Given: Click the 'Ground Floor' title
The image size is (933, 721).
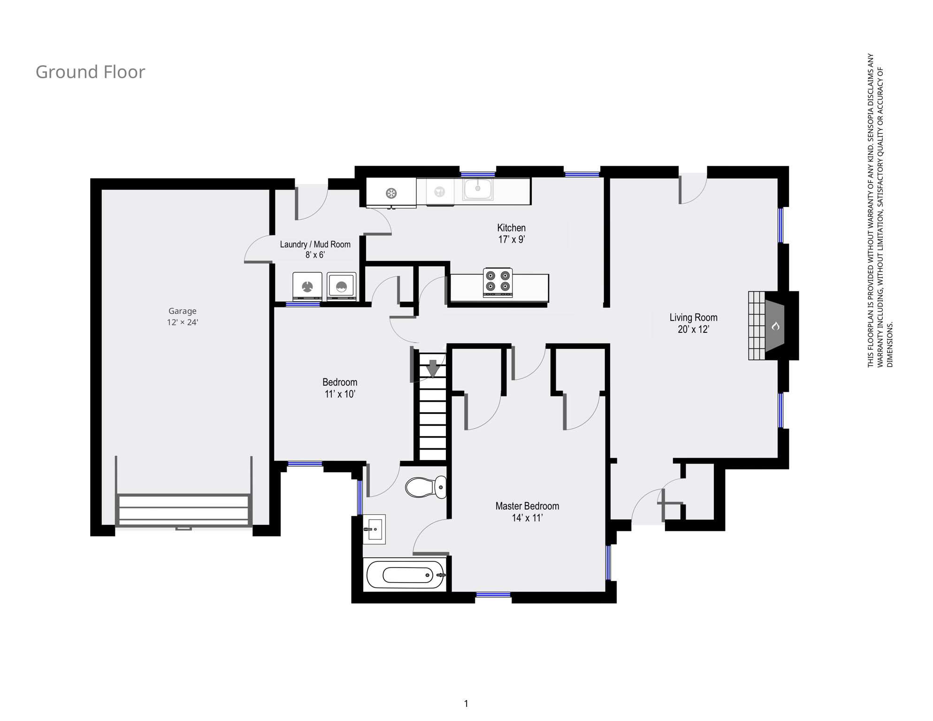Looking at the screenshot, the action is pos(90,72).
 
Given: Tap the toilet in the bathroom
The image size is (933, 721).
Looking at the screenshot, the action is pos(426,487).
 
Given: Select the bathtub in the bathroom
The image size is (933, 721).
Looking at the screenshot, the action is pos(405,575).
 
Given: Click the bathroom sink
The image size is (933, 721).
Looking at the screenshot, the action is pos(374,529).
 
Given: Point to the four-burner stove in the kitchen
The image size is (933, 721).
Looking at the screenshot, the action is pos(497,282).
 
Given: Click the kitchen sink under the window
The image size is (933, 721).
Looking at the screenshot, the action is pos(478,189).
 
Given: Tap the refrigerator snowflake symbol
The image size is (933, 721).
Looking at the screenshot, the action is pos(391,193).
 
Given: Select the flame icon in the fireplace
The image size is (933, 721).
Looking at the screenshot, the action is pos(775,326).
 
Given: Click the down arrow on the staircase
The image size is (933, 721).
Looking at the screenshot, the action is pos(433,368).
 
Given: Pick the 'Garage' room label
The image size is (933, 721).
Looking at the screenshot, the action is pos(183,311).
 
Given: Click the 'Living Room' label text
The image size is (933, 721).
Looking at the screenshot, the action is pos(693,317).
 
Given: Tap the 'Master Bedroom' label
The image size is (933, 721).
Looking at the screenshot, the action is pos(527,506).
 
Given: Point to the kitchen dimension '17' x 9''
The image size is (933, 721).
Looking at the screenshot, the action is pos(512,239).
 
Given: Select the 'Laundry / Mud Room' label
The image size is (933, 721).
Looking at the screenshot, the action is pos(315,244).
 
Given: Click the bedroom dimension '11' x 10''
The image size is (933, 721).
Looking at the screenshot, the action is pos(340,394).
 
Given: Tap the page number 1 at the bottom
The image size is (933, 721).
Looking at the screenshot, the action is pos(466,703).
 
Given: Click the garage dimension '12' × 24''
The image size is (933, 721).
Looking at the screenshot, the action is pos(183,322).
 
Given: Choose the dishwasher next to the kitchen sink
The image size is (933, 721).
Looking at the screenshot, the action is pos(440,192).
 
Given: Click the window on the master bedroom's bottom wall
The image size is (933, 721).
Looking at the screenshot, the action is pos(493,595).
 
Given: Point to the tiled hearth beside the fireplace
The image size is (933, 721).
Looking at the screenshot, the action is pos(757,326).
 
